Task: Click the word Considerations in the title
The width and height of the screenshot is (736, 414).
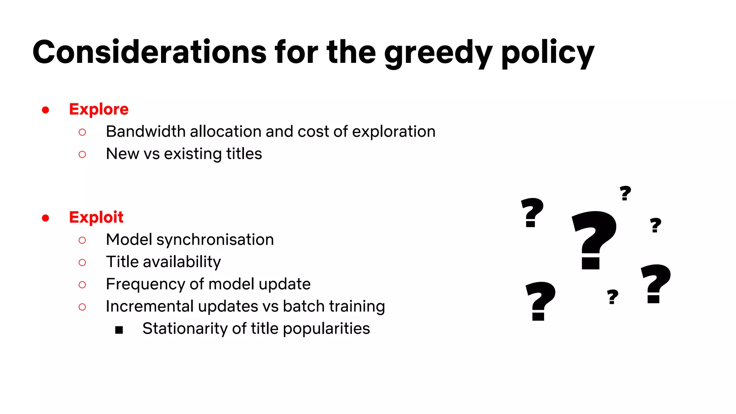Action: pos(149,52)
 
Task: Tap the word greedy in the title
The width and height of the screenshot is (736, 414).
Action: pos(438,53)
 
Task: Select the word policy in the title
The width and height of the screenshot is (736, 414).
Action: pos(547,53)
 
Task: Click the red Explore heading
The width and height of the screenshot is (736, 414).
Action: pos(99,109)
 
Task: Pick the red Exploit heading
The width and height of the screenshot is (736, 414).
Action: pos(96,217)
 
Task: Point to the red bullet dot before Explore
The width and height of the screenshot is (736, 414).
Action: pos(45,110)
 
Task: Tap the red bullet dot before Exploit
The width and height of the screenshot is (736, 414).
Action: pos(45,218)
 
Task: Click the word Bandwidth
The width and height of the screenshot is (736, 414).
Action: pos(146,132)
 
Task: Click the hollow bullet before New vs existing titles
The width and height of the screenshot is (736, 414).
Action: pos(82,155)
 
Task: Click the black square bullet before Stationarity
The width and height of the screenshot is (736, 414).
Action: pos(119,330)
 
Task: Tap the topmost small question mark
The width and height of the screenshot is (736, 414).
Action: pos(625,193)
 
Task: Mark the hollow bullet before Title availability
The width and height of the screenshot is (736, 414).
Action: pos(82,263)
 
